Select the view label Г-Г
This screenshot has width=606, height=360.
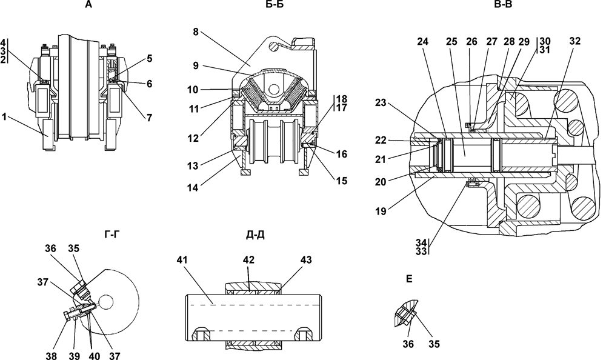pyautogui.click(x=112, y=233)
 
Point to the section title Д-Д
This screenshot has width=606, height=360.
pyautogui.click(x=255, y=235)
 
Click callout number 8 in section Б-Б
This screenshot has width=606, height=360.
pyautogui.click(x=196, y=32)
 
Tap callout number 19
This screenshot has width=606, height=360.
pyautogui.click(x=381, y=211)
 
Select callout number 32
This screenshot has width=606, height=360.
pyautogui.click(x=574, y=41)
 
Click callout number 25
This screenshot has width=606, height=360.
pyautogui.click(x=451, y=41)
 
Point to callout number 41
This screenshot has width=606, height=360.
pyautogui.click(x=182, y=260)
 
